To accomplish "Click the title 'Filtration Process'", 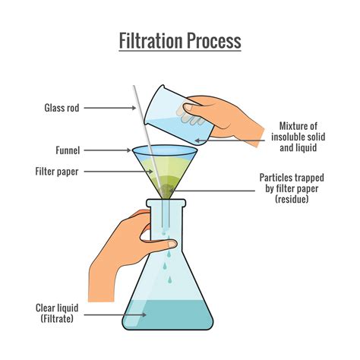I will [x=180, y=39].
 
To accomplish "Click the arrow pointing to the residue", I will [x=221, y=182].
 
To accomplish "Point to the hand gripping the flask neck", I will [x=122, y=243].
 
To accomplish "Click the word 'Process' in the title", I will [x=213, y=39].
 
